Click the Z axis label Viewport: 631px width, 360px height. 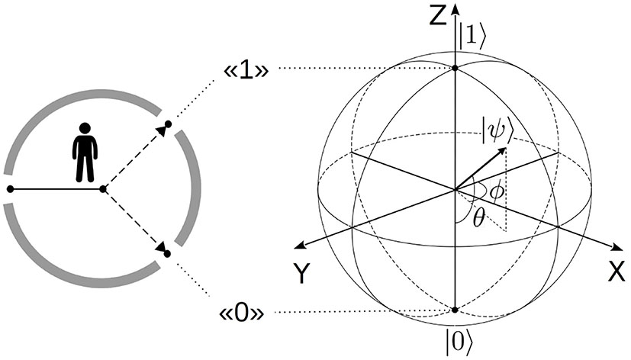pyautogui.click(x=437, y=14)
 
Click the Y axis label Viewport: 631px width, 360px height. pyautogui.click(x=303, y=273)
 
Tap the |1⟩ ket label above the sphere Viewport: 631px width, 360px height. pyautogui.click(x=470, y=35)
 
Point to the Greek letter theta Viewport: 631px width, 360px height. pyautogui.click(x=478, y=218)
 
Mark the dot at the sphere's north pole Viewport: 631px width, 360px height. pyautogui.click(x=455, y=69)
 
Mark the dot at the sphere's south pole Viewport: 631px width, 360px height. pyautogui.click(x=455, y=310)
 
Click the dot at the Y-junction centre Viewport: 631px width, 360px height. pyautogui.click(x=103, y=188)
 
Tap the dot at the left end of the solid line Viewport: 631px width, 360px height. pyautogui.click(x=10, y=188)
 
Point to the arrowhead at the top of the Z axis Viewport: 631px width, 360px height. pyautogui.click(x=455, y=7)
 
